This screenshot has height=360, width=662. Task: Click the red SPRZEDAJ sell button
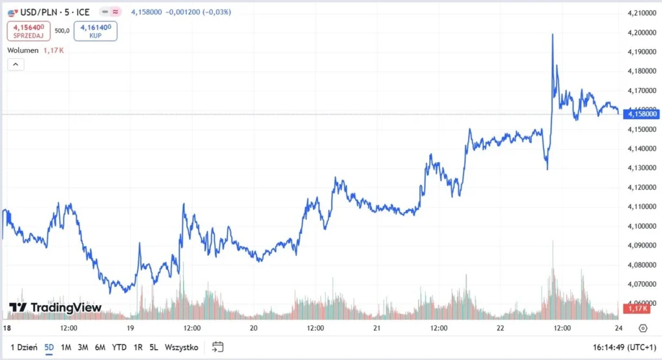pyautogui.click(x=28, y=30)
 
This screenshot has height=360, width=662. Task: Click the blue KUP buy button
pyautogui.click(x=95, y=30)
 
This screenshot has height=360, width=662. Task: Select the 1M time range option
pyautogui.click(x=66, y=347)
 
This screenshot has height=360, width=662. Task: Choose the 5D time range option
pyautogui.click(x=49, y=347)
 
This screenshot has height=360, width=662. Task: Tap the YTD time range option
pyautogui.click(x=119, y=347)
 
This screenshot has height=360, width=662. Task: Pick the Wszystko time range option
pyautogui.click(x=182, y=347)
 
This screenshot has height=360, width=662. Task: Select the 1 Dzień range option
pyautogui.click(x=23, y=347)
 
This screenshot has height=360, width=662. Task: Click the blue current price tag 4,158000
pyautogui.click(x=641, y=114)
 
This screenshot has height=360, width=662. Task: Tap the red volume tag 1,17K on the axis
pyautogui.click(x=631, y=309)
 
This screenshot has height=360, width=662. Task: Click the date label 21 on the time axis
pyautogui.click(x=378, y=328)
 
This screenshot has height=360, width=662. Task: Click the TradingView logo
pyautogui.click(x=55, y=308)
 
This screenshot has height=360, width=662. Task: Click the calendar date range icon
pyautogui.click(x=218, y=347)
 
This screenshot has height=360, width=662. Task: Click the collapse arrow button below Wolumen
pyautogui.click(x=16, y=64)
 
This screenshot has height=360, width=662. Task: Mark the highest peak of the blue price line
pyautogui.click(x=553, y=34)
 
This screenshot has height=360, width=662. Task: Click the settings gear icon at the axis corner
pyautogui.click(x=643, y=328)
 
